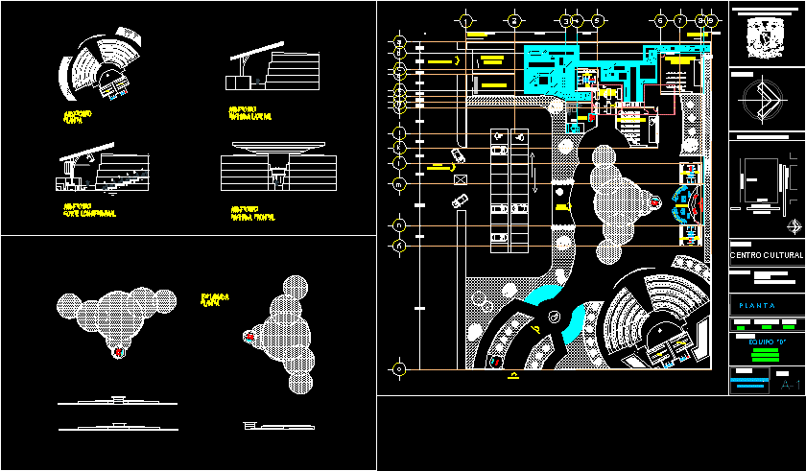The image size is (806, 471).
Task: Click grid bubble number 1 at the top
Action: coord(465,19)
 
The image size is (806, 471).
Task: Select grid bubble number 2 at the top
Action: coord(514,19)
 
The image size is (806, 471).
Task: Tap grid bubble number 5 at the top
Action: coord(597,19)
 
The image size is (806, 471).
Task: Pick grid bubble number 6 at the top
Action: coord(660,19)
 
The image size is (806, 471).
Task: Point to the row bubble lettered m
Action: coord(400,182)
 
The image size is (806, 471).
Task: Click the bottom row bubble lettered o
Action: coord(400,367)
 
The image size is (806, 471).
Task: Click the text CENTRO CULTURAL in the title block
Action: coord(766,255)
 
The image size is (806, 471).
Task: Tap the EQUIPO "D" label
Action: coord(767,341)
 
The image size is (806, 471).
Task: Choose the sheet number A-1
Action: coord(791,385)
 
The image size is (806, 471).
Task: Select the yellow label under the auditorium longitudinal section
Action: coord(88,209)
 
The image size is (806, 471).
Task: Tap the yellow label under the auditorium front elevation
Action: coord(252,210)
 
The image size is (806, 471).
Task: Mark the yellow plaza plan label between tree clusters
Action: coord(213,297)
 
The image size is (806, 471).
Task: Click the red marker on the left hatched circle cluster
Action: coord(119,352)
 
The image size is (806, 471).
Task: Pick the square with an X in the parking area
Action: coord(462,178)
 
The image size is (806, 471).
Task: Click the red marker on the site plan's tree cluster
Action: coord(655,202)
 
